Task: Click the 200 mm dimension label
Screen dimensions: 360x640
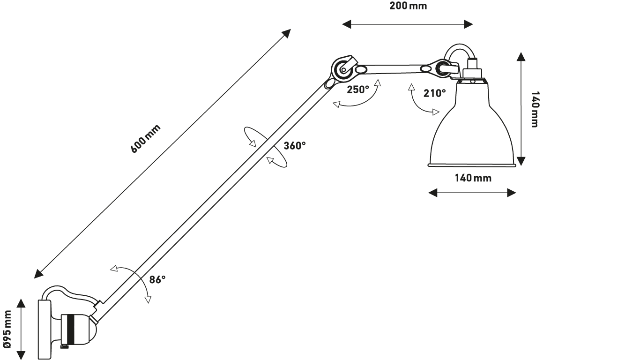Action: tap(408, 7)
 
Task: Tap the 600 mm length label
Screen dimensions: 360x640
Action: tap(145, 139)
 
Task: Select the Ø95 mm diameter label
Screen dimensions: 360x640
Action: tap(7, 329)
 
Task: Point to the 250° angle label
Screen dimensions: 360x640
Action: tap(358, 90)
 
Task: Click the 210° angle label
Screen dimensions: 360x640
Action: tap(435, 93)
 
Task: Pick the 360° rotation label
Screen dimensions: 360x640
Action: tap(294, 146)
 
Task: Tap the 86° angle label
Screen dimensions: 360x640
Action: tap(157, 280)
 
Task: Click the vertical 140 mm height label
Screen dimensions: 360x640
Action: tap(534, 109)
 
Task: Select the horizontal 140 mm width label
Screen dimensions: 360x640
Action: tap(473, 178)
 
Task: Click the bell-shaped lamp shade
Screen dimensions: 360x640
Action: tap(472, 131)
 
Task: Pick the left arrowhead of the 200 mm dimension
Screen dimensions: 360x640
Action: tap(345, 24)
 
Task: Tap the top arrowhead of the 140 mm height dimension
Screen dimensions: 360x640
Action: tap(521, 57)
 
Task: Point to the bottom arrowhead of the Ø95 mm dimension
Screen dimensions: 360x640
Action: tap(21, 354)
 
